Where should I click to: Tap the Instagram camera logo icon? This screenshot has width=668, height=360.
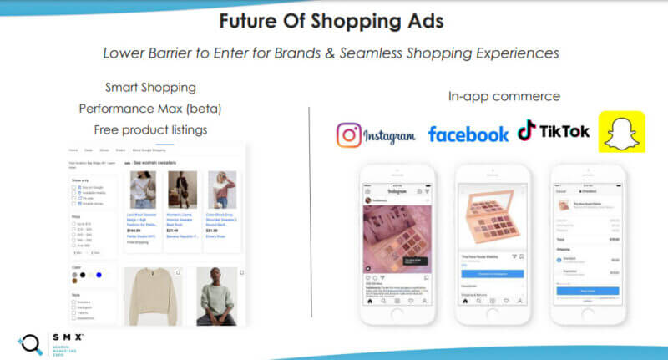coord(350,133)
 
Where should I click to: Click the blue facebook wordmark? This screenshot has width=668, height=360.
coord(468,134)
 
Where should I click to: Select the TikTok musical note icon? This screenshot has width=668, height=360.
coord(526,130)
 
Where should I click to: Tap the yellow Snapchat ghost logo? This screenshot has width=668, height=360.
coord(621,131)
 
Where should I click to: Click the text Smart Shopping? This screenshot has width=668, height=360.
coord(150,87)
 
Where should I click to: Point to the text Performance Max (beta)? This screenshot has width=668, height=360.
coord(150,109)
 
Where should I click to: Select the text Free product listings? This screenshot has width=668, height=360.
coord(150,129)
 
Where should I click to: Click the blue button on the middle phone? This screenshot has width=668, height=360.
coord(493,273)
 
